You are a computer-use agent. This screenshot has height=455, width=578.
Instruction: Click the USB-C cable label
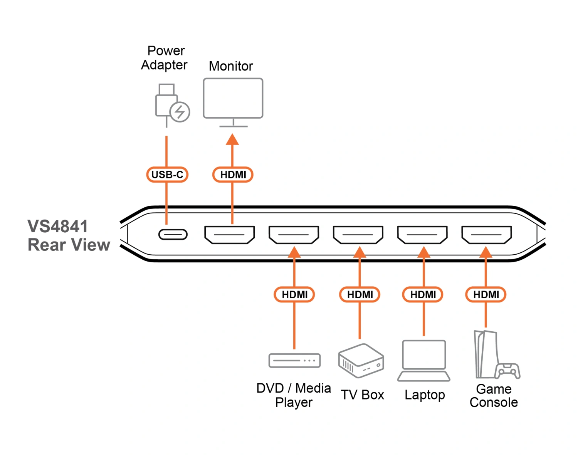[x=167, y=175]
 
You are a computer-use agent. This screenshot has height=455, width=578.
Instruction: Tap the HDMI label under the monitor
[x=233, y=175]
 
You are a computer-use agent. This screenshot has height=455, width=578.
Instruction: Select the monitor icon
[x=233, y=99]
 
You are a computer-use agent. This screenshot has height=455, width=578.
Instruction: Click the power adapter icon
[x=170, y=104]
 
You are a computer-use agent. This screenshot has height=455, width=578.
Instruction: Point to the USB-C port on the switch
[x=173, y=234]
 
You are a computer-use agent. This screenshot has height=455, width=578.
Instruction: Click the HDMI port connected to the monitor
[x=229, y=235]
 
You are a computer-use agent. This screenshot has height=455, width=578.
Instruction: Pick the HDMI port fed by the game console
[x=486, y=235]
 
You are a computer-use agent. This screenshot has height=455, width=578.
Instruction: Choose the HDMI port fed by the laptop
[x=422, y=235]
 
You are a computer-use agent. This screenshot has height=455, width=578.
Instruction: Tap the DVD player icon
[x=294, y=361]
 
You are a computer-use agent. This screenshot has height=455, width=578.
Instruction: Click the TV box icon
[x=361, y=361]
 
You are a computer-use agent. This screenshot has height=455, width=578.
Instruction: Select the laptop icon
[x=424, y=361]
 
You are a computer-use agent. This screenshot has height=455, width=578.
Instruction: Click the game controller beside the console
[x=507, y=371]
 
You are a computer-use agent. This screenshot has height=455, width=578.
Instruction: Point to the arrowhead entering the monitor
[x=232, y=139]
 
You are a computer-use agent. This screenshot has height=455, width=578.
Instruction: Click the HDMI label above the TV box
[x=360, y=295]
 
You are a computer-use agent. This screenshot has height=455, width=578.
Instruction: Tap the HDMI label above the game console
[x=486, y=295]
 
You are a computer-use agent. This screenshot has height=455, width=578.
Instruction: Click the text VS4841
[x=58, y=227]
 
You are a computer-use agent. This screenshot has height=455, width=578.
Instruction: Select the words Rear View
[x=69, y=245]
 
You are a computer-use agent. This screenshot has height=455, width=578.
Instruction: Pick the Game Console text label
[x=494, y=396]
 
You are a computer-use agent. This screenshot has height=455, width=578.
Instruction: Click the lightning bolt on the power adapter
[x=180, y=112]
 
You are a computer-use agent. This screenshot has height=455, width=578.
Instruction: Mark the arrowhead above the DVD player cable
[x=294, y=252]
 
